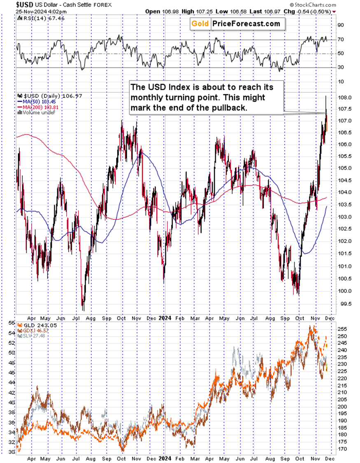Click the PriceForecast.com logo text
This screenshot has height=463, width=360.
point(246,24)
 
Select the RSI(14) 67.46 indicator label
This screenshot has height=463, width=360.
point(37,18)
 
